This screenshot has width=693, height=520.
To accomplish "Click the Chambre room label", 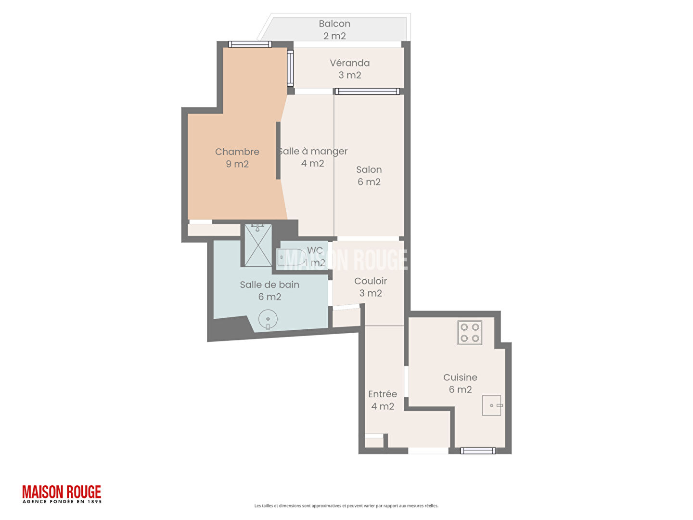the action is (x=237, y=152).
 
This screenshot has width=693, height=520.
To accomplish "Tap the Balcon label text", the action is (x=334, y=24).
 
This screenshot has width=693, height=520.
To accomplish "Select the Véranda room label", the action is (x=349, y=63).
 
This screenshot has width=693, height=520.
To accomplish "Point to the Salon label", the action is (x=369, y=169).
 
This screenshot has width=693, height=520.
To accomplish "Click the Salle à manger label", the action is (x=312, y=152).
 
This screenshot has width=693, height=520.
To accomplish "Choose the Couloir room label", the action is (x=371, y=281).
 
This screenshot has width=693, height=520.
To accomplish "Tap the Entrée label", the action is (x=382, y=394).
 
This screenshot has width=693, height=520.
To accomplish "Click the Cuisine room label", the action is (x=460, y=377).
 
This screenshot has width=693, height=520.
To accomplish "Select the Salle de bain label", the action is (x=269, y=285).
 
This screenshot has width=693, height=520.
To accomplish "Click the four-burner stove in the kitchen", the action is (x=470, y=332).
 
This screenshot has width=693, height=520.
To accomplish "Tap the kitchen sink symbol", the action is (x=492, y=405).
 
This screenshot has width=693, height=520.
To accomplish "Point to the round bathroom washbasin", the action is (x=268, y=320).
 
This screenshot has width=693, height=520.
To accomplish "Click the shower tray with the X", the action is (x=258, y=245).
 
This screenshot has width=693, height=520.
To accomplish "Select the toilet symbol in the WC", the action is (x=291, y=257).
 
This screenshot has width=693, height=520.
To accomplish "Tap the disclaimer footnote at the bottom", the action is (x=346, y=506).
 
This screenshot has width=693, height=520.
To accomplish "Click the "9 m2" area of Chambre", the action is (x=237, y=164).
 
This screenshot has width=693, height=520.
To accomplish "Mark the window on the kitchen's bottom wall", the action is (x=478, y=451).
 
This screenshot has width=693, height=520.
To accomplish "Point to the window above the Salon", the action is (x=367, y=91).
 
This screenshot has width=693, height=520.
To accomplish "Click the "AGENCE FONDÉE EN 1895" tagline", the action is (x=62, y=501).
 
